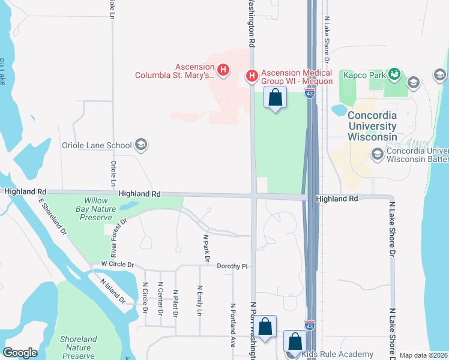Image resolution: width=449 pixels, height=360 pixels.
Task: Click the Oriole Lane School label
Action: click(x=97, y=145)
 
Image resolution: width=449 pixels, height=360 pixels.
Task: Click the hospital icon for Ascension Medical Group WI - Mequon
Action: click(x=252, y=76)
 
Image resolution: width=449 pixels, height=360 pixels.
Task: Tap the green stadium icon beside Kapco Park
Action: click(x=394, y=74)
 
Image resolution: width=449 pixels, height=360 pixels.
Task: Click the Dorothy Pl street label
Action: click(x=232, y=266)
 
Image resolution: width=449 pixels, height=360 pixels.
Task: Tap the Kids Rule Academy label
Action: click(x=338, y=354)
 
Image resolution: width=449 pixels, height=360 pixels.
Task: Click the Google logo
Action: click(x=20, y=352)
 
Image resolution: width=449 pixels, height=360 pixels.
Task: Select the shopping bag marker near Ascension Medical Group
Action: click(x=275, y=97)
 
